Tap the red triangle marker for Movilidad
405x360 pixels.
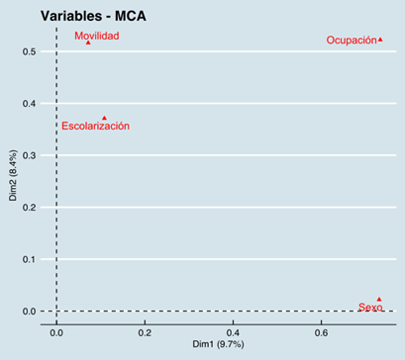pos(88,43)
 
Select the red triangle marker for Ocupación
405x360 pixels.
pos(380,40)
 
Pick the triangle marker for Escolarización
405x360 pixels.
pos(104,118)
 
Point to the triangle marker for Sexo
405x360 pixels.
pos(378,299)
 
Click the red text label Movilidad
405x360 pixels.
pos(97,36)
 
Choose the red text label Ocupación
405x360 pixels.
pos(352,41)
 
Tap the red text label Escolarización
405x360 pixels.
pos(95,127)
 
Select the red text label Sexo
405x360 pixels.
pos(370,308)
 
